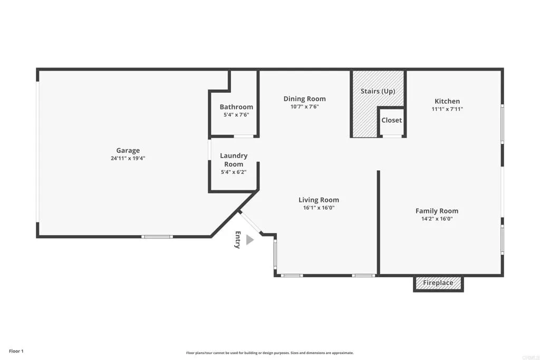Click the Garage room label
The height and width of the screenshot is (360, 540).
pyautogui.click(x=128, y=150)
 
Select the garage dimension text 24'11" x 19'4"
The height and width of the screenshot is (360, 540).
pyautogui.click(x=128, y=158)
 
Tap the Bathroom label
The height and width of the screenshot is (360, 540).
pyautogui.click(x=236, y=107)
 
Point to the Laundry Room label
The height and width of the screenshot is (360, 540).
pyautogui.click(x=234, y=160)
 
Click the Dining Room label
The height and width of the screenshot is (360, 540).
pyautogui.click(x=304, y=99)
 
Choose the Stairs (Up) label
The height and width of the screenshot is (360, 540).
pyautogui.click(x=378, y=91)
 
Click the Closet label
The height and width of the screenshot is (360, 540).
pyautogui.click(x=391, y=120)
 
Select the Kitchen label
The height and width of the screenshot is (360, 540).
pyautogui.click(x=447, y=101)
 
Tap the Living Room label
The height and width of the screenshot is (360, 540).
pyautogui.click(x=319, y=200)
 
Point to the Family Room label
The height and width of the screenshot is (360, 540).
pyautogui.click(x=437, y=211)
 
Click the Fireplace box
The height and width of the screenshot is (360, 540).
pyautogui.click(x=438, y=283)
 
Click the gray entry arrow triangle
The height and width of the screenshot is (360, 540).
pyautogui.click(x=249, y=240)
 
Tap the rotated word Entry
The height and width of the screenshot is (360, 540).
pyautogui.click(x=238, y=240)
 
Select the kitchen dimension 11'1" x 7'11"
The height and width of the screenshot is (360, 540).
pyautogui.click(x=447, y=109)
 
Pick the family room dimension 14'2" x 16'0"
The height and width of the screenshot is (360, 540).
pyautogui.click(x=437, y=219)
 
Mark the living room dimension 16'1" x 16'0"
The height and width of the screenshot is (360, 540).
pyautogui.click(x=319, y=208)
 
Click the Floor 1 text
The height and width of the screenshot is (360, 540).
pyautogui.click(x=16, y=351)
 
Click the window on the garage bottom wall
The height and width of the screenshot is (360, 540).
pyautogui.click(x=158, y=237)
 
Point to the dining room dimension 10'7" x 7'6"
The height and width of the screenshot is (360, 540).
pyautogui.click(x=304, y=106)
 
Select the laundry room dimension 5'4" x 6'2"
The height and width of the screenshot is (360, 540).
pyautogui.click(x=234, y=172)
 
